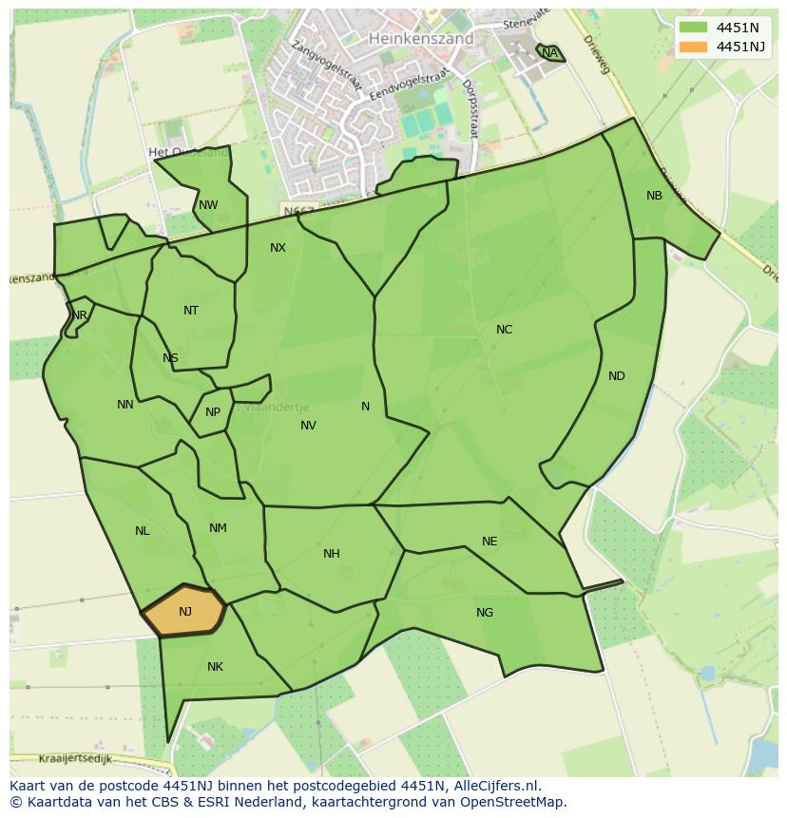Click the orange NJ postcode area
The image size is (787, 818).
[x=184, y=611]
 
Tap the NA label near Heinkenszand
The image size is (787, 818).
[x=550, y=53]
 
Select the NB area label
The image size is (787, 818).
[x=654, y=196]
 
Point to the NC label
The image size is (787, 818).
[x=504, y=330]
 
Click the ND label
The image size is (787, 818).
[x=617, y=376]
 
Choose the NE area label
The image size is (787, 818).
[x=489, y=542]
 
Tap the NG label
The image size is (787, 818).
[x=485, y=613]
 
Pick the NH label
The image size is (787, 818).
[x=331, y=554]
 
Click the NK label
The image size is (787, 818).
[x=215, y=667]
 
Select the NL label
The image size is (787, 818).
[x=142, y=531]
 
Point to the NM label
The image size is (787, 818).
[x=218, y=528]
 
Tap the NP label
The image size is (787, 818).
[x=213, y=412]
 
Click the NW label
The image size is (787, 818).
[x=208, y=205]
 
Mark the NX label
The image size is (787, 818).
[x=278, y=248]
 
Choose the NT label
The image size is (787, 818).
[x=191, y=311]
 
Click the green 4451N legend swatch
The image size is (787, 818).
[x=694, y=28]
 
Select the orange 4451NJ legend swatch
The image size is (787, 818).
[x=694, y=47]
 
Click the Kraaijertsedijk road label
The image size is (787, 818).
[x=76, y=759]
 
